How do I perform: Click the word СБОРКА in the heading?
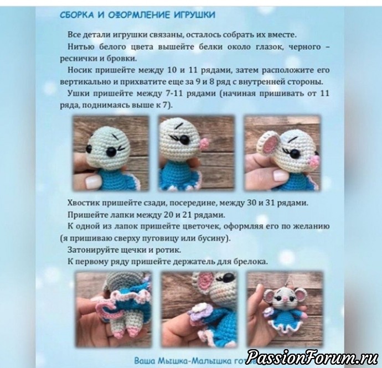click(x=76, y=15)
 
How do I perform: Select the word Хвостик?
click(x=83, y=203)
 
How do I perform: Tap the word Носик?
click(x=80, y=70)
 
